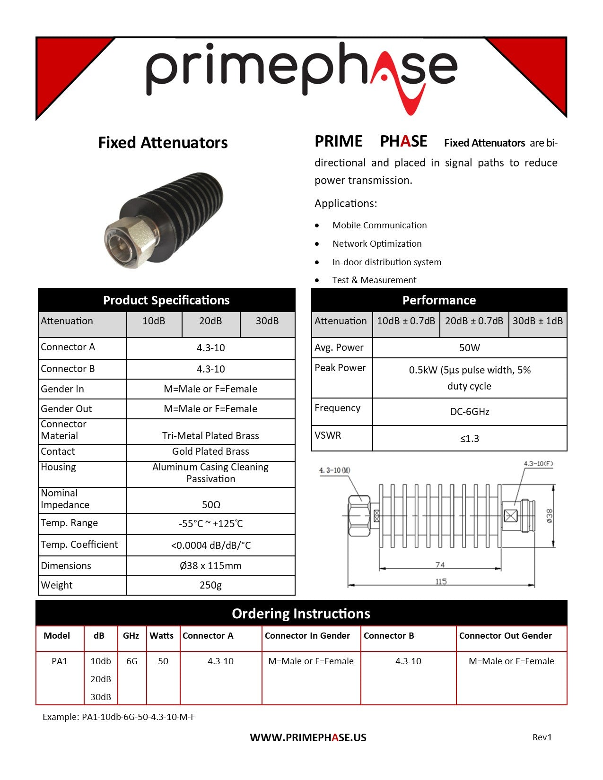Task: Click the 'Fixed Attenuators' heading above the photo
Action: (x=163, y=143)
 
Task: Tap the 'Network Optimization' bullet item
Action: (x=376, y=244)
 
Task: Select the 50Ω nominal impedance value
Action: (x=211, y=505)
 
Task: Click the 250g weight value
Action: (x=211, y=585)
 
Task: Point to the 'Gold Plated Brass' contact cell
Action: (x=211, y=451)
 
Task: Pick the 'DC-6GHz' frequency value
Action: (x=469, y=412)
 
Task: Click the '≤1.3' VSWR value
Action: (x=469, y=439)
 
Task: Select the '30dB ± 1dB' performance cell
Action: (x=538, y=321)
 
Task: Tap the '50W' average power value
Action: (x=469, y=348)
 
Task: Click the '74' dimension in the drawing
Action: (x=440, y=564)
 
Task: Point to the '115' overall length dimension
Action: (x=441, y=581)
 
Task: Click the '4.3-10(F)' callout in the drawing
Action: (x=538, y=464)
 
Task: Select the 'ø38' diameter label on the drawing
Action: (x=549, y=515)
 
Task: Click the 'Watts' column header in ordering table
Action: (x=162, y=636)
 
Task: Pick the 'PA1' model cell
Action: (x=60, y=661)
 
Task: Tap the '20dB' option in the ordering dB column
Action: (x=101, y=679)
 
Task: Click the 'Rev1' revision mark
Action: (x=542, y=737)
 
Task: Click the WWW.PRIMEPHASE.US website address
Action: (x=308, y=737)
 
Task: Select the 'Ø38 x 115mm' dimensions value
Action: (x=211, y=566)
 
